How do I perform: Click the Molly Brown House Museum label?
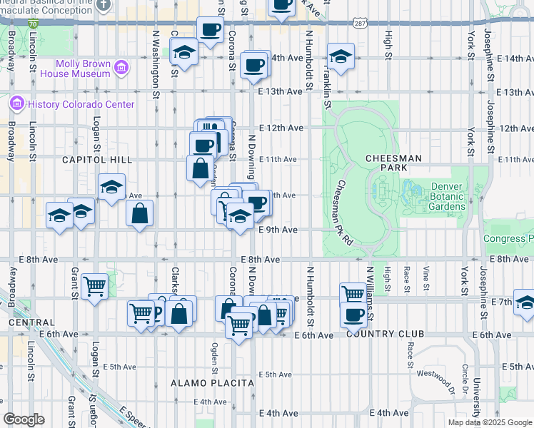coord(74,68)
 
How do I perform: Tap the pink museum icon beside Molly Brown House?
coord(121,68)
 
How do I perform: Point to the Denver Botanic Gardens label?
coord(448,197)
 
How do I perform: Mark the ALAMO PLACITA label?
coord(213,383)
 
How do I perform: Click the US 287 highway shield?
coord(359,24)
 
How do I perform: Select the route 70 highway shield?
coord(34,24)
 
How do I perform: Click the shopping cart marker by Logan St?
coord(94,287)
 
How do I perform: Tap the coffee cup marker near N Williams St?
coord(353,315)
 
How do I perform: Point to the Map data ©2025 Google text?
coord(490,422)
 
